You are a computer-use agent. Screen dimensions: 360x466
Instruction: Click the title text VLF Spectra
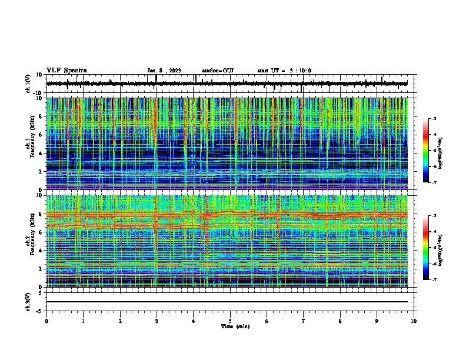(66, 70)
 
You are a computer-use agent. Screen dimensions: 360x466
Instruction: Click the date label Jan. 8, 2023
(165, 71)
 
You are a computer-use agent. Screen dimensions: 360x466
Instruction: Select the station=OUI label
(218, 71)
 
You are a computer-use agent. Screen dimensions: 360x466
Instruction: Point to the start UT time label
(284, 71)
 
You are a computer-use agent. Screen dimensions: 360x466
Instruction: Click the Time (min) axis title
(230, 326)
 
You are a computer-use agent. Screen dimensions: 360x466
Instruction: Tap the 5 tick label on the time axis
(230, 321)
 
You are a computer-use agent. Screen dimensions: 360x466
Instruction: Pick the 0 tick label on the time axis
(46, 321)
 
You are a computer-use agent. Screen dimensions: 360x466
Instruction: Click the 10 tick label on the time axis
(414, 321)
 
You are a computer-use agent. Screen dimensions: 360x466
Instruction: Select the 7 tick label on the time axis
(304, 321)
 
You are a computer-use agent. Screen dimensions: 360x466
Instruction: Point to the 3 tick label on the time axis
(157, 321)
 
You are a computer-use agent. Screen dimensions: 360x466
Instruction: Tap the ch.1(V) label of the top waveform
(28, 84)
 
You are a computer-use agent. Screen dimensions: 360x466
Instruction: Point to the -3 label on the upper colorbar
(434, 119)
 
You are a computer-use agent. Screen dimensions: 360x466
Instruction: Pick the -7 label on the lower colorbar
(434, 280)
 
